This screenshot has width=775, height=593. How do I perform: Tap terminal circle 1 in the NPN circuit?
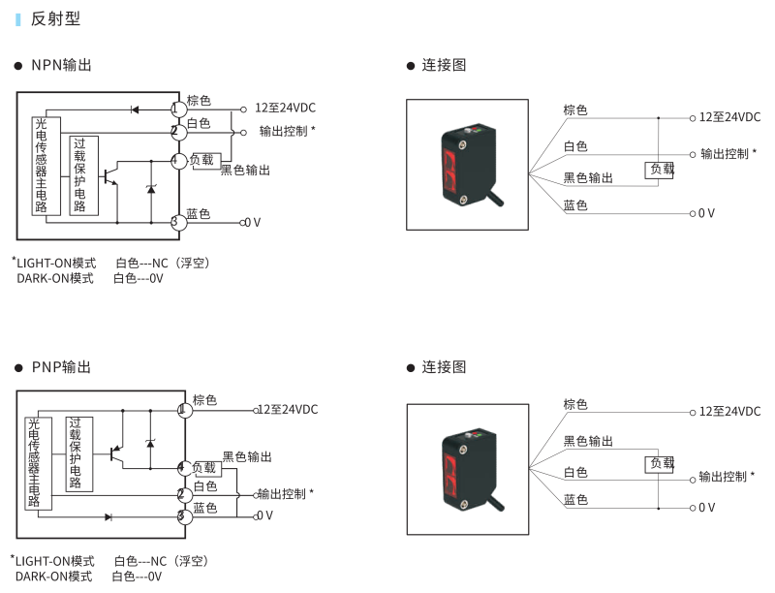(178, 108)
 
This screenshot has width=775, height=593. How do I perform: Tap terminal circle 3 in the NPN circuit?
(178, 223)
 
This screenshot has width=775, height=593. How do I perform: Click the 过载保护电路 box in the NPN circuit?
(83, 174)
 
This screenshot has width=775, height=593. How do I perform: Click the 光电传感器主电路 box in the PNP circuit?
(34, 464)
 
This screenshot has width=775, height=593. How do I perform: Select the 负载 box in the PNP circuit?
(206, 468)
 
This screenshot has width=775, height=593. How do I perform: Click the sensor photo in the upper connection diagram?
(467, 164)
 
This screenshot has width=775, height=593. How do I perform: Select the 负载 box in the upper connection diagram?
(661, 170)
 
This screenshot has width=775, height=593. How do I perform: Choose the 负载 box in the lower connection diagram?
(660, 463)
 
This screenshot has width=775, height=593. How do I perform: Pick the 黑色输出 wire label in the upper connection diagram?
(588, 178)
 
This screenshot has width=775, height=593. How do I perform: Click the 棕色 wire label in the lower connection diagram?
(575, 404)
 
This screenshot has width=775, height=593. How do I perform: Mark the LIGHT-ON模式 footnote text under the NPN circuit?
(56, 263)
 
